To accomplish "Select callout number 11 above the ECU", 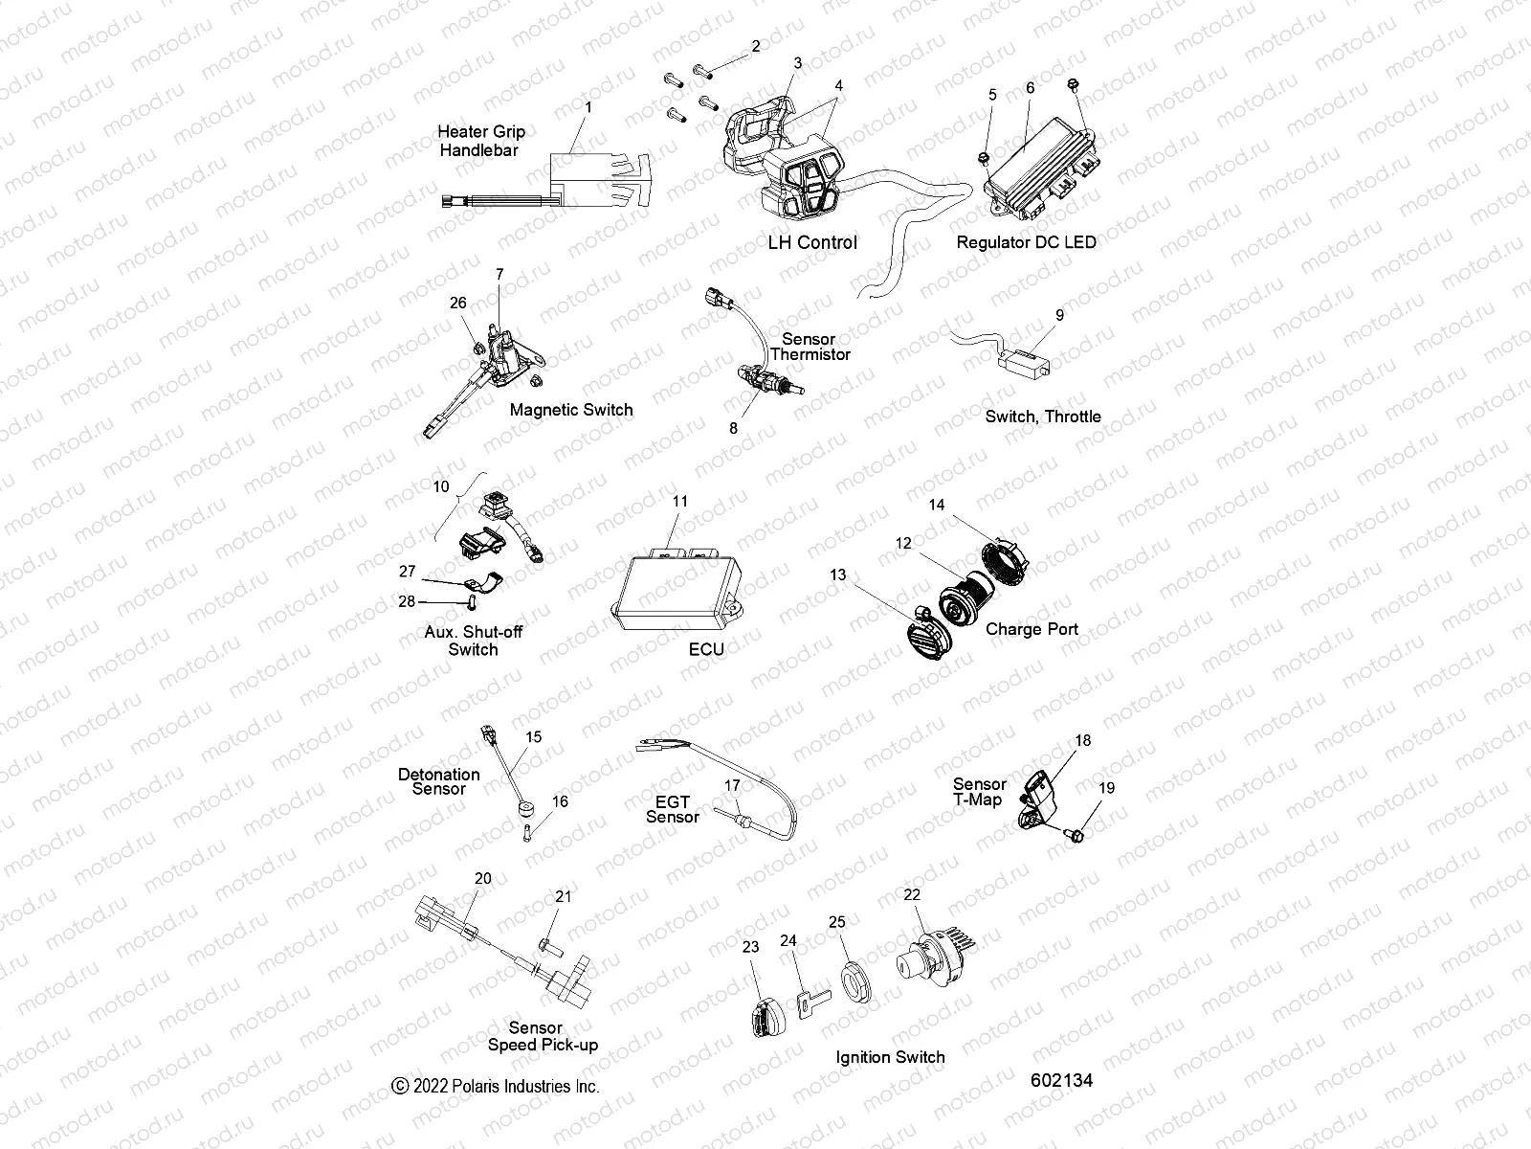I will tap(679, 501).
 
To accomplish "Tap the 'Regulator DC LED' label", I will tap(1026, 242).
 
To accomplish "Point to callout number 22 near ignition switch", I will tap(912, 894).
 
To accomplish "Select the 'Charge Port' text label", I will tap(1032, 629).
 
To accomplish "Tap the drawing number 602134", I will tap(1061, 1080).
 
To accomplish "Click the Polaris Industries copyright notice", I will tap(496, 1086).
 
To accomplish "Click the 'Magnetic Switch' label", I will tap(571, 410).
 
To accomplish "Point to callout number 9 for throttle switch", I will tap(1059, 315).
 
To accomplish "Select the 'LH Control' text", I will tap(812, 242).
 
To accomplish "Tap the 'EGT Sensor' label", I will tap(672, 808).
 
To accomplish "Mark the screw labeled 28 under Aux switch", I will tap(472, 602).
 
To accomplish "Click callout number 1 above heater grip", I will tap(588, 107).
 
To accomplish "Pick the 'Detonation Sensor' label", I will tap(439, 781).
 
